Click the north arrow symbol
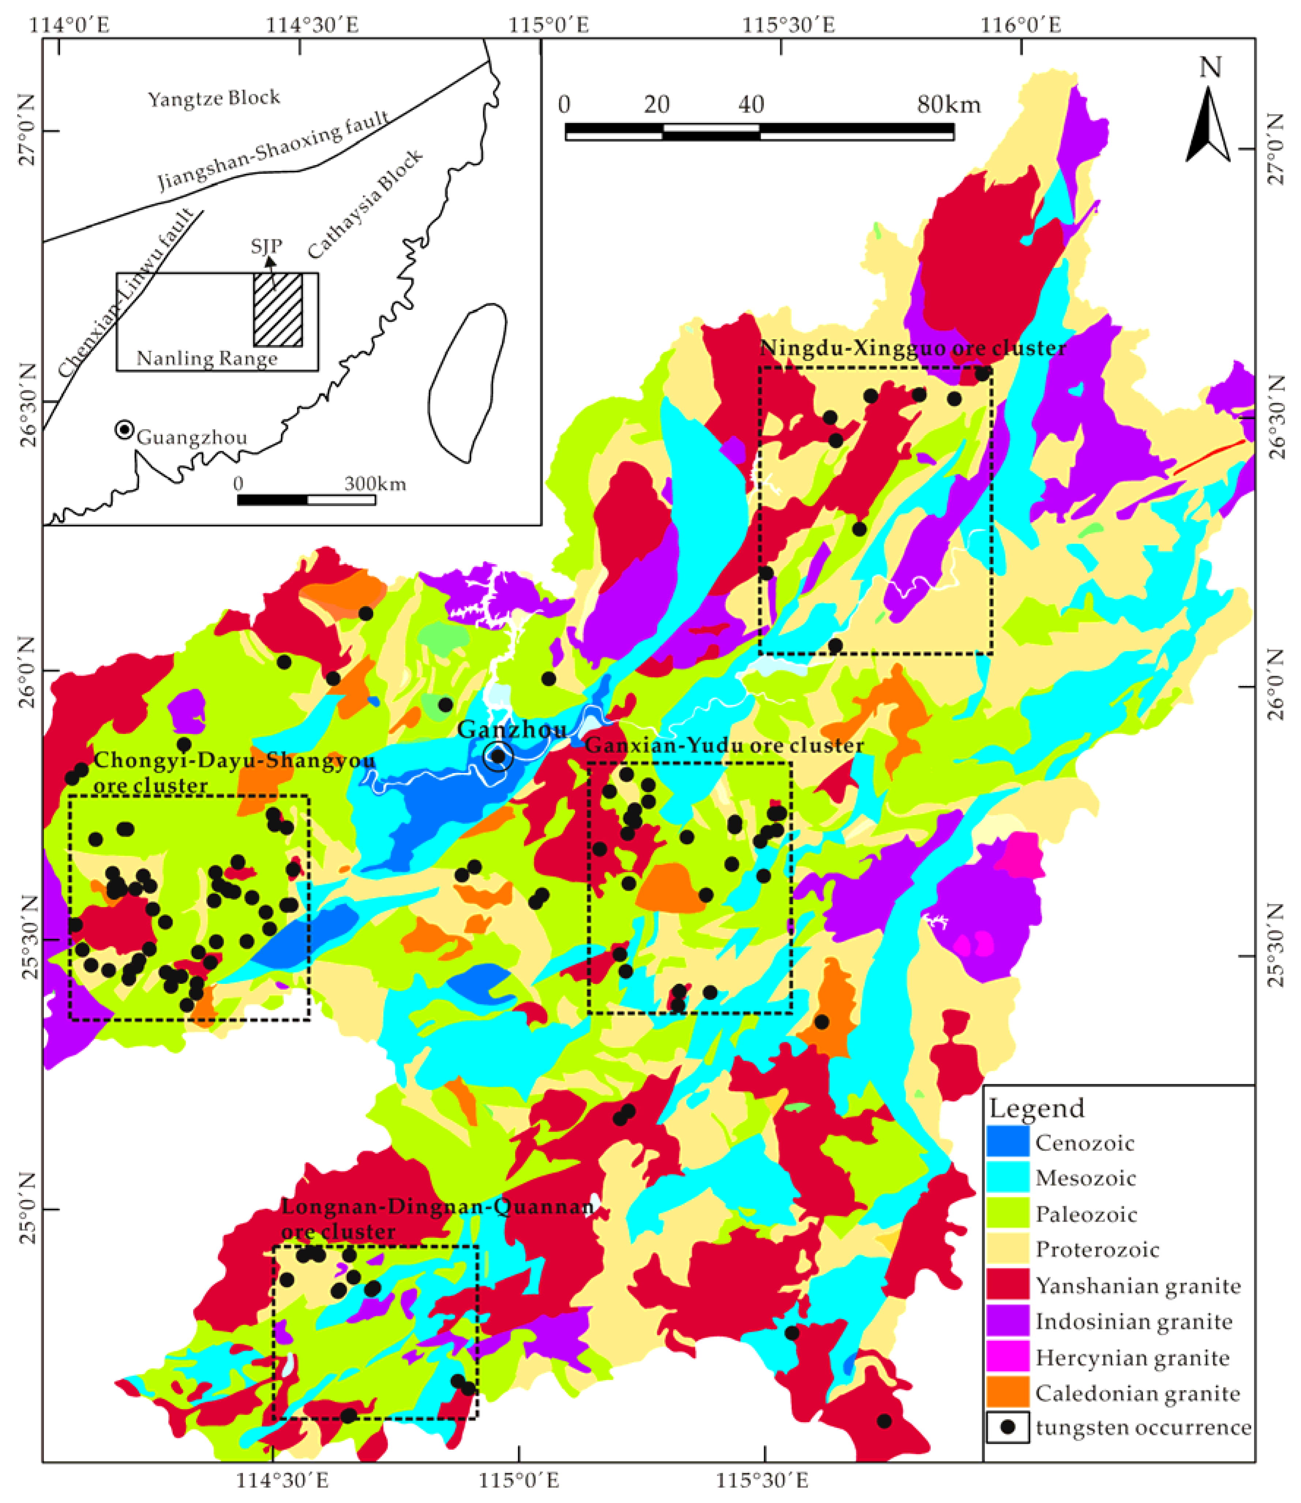coord(1209,123)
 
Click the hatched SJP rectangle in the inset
coord(277,310)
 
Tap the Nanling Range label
coord(207,359)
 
